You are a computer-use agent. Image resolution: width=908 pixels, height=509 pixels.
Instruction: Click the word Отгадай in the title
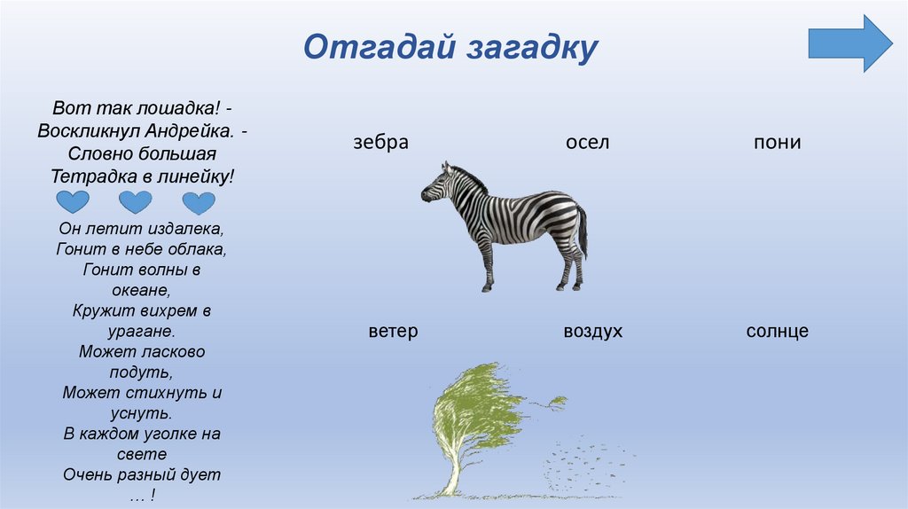click(x=379, y=47)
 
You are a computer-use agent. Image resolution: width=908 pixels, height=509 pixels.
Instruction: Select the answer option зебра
click(x=380, y=142)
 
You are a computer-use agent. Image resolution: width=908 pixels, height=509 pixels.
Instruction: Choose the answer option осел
click(x=587, y=142)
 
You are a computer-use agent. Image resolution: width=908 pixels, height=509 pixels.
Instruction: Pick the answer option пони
click(x=777, y=142)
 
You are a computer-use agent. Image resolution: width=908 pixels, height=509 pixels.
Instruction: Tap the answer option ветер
click(x=393, y=332)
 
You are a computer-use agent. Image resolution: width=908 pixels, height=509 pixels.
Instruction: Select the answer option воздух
click(x=592, y=332)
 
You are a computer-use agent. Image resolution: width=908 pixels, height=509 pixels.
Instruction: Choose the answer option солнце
click(x=778, y=332)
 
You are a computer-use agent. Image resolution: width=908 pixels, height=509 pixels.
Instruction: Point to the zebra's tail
click(x=583, y=231)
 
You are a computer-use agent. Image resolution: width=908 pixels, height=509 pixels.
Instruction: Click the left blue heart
click(x=72, y=202)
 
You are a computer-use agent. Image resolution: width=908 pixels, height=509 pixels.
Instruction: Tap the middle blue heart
click(x=136, y=202)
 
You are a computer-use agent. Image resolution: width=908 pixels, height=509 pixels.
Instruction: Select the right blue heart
click(x=199, y=202)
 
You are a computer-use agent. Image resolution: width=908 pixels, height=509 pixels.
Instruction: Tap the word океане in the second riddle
click(x=142, y=290)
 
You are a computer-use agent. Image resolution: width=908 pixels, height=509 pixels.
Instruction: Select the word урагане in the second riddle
click(x=142, y=331)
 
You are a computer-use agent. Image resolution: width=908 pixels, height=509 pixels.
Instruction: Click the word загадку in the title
click(x=528, y=47)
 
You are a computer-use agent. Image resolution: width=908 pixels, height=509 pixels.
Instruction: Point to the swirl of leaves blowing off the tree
click(x=585, y=461)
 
